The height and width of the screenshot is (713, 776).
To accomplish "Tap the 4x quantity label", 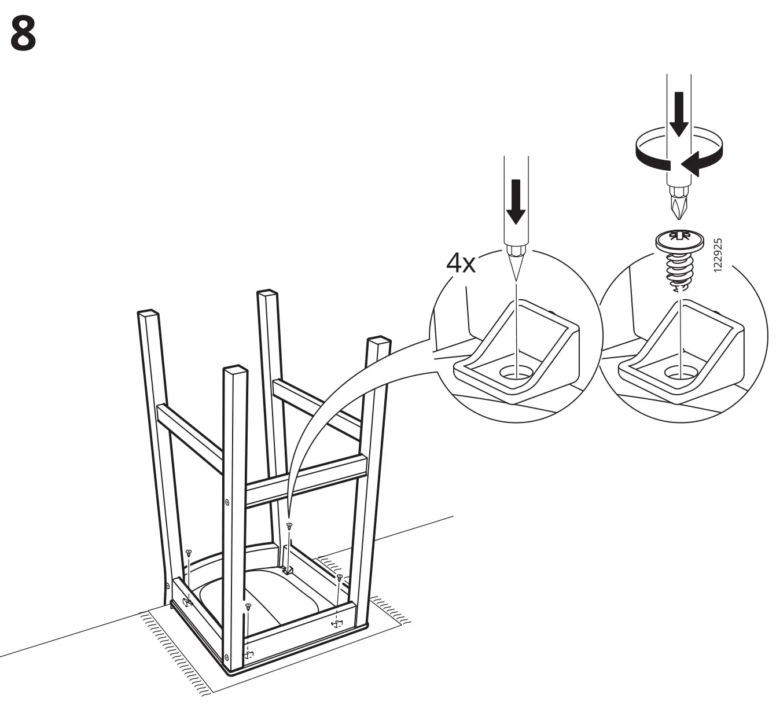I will [x=461, y=264].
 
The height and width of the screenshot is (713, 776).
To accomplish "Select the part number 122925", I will [x=718, y=255].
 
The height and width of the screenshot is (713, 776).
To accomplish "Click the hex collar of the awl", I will [x=515, y=250].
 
